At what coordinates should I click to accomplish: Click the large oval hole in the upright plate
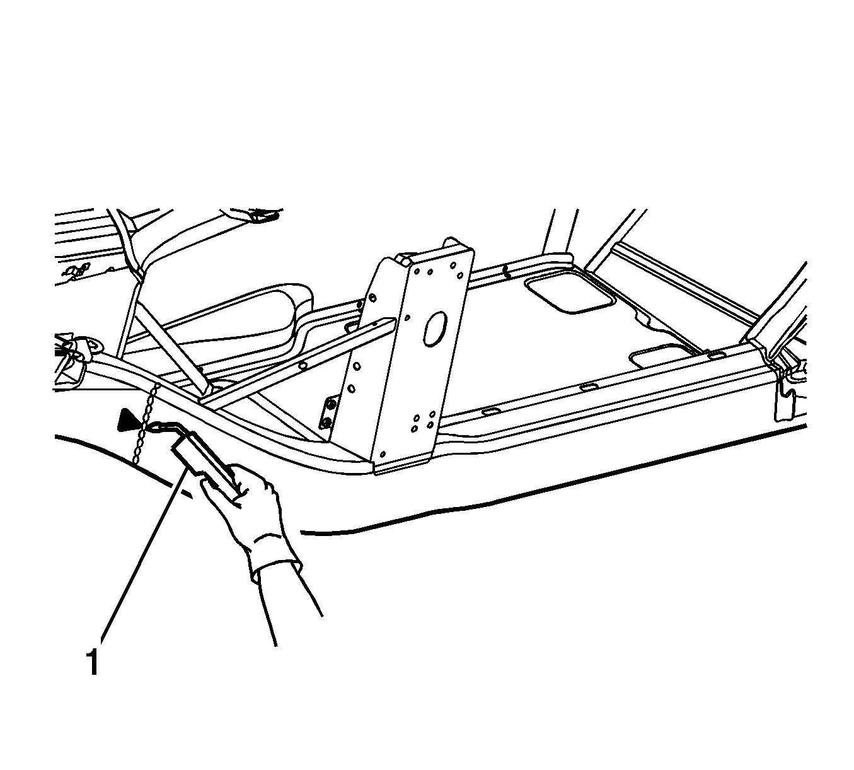[x=435, y=328]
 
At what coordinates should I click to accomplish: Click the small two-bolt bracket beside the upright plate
[x=327, y=412]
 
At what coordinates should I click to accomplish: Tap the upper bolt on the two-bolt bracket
[x=330, y=404]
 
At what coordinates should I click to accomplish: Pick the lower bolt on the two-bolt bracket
[x=326, y=423]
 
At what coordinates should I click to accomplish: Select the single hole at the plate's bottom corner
[x=383, y=453]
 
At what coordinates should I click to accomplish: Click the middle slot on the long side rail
[x=587, y=387]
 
